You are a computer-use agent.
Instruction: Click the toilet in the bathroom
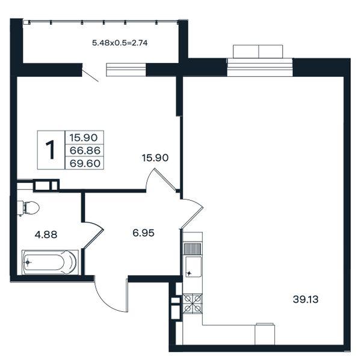pyautogui.click(x=28, y=208)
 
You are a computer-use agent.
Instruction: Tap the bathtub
pyautogui.click(x=50, y=262)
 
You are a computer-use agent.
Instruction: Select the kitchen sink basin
pyautogui.click(x=193, y=267)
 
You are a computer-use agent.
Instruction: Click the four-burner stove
pyautogui.click(x=193, y=304)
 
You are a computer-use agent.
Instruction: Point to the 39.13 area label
pyautogui.click(x=306, y=299)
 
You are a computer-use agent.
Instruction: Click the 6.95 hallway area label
pyautogui.click(x=143, y=233)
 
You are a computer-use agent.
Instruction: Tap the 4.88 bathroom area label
pyautogui.click(x=46, y=235)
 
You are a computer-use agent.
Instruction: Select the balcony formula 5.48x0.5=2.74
pyautogui.click(x=120, y=43)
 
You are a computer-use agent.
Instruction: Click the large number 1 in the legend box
pyautogui.click(x=51, y=150)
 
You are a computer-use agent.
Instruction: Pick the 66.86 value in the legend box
pyautogui.click(x=85, y=151)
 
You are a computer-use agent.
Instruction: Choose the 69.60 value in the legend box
pyautogui.click(x=85, y=163)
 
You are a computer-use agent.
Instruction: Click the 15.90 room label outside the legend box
pyautogui.click(x=155, y=158)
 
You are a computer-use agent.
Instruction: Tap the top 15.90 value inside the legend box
pyautogui.click(x=84, y=138)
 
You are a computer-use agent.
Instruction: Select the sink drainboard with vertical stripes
pyautogui.click(x=193, y=249)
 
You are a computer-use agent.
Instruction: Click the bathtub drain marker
pyautogui.click(x=28, y=262)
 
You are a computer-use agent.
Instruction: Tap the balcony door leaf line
pyautogui.click(x=90, y=75)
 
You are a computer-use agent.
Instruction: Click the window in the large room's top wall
pyautogui.click(x=260, y=67)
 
